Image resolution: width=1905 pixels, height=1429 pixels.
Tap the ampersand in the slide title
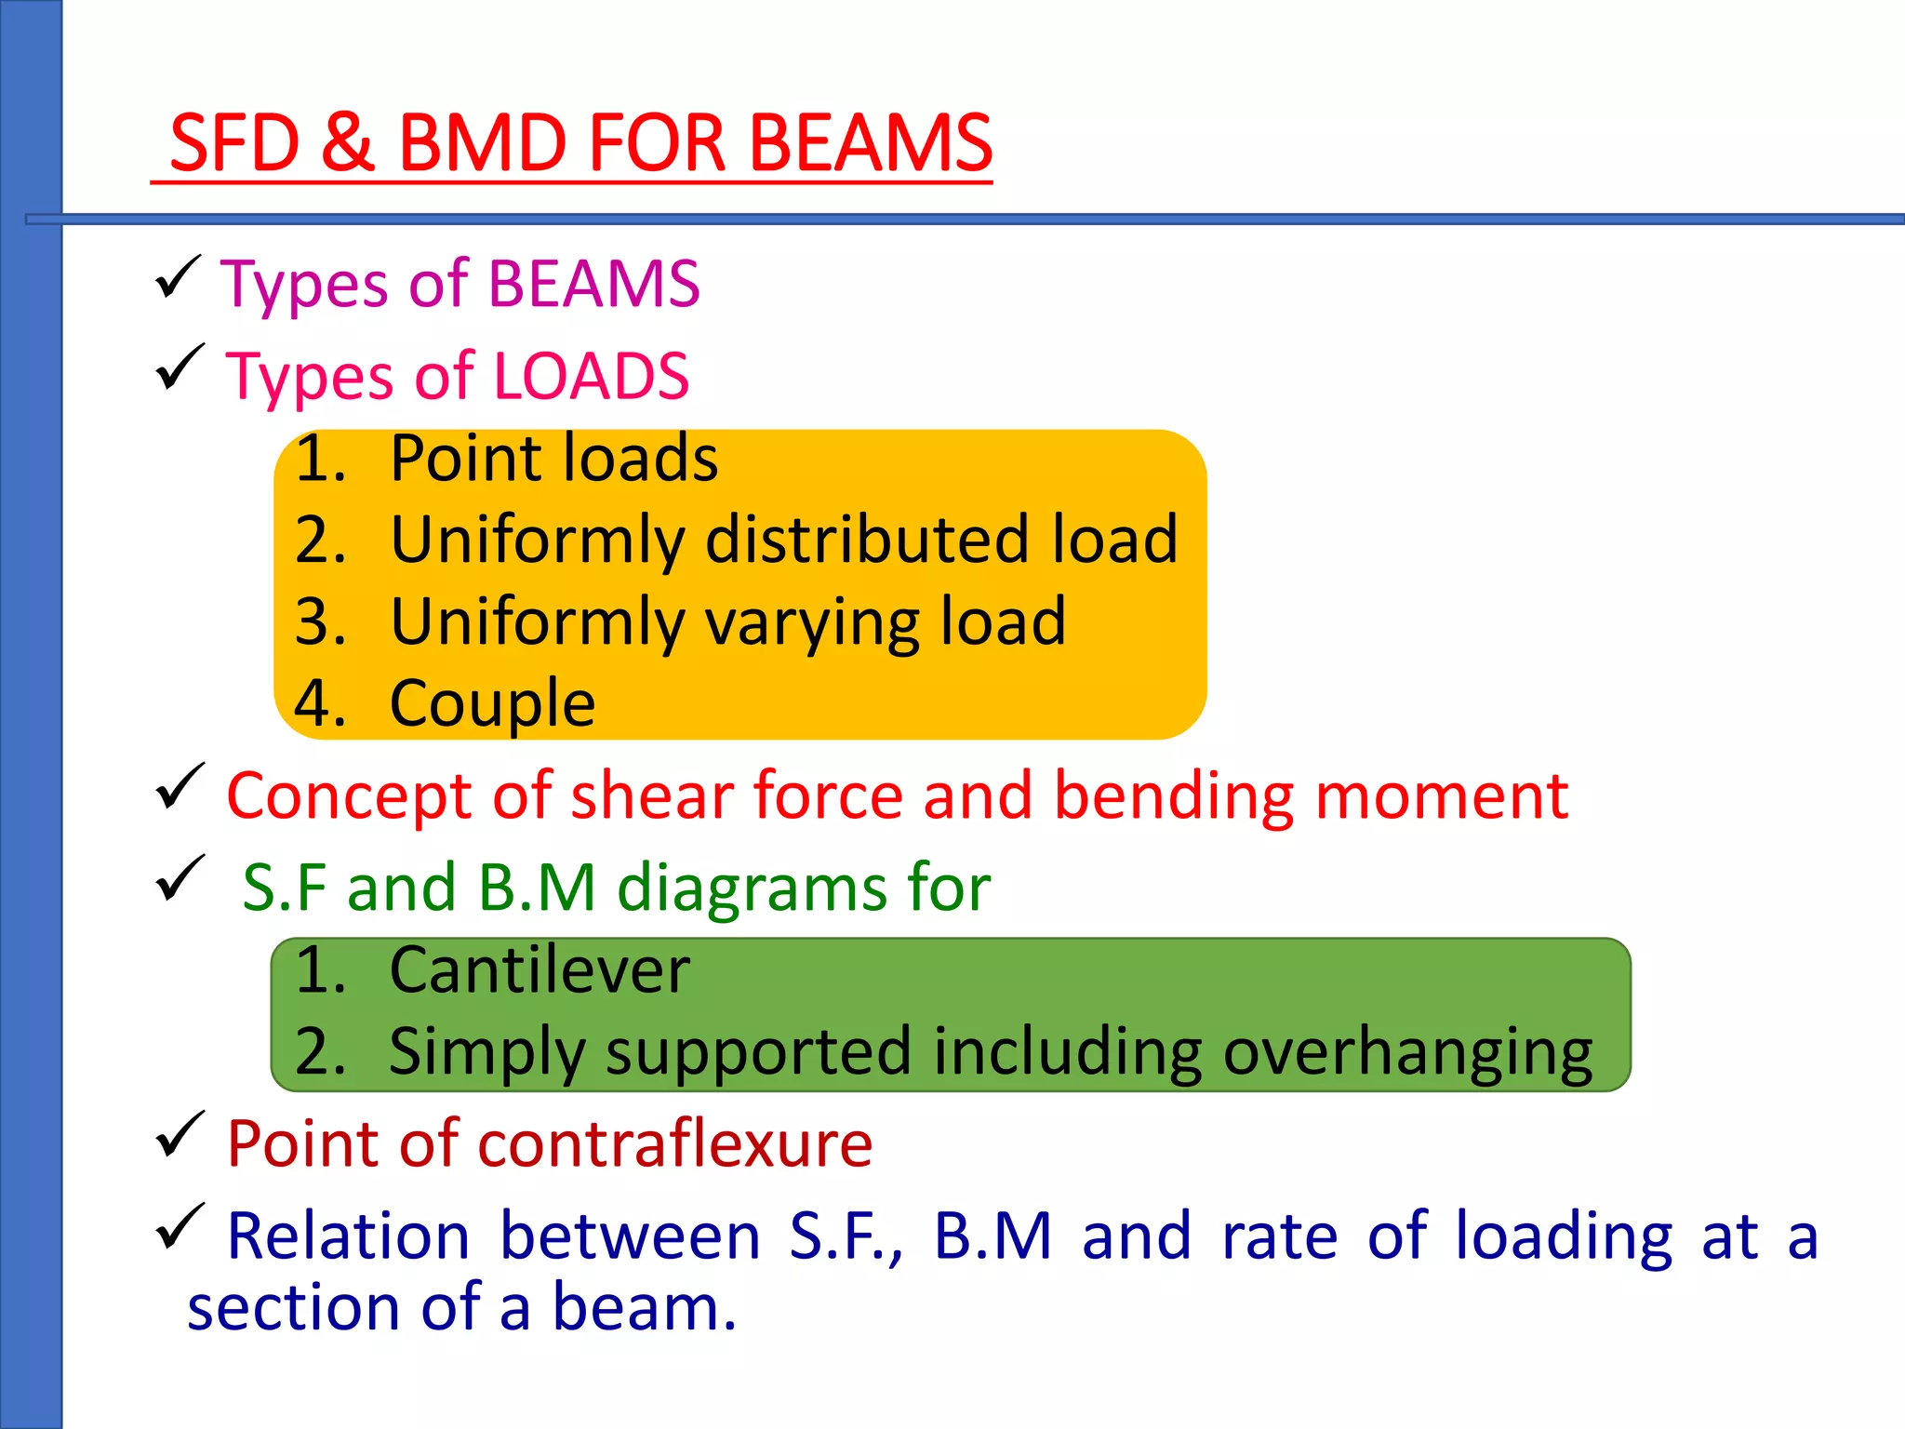click(348, 143)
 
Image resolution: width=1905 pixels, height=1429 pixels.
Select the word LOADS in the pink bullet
click(591, 377)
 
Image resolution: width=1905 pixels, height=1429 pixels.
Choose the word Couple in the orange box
click(492, 703)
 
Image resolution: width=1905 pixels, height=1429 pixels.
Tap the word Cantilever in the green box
click(540, 970)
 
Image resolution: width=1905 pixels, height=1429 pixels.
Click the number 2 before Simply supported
click(317, 1052)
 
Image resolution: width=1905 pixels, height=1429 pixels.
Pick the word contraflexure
click(674, 1143)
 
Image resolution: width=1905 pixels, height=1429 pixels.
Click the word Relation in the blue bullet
click(349, 1236)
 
